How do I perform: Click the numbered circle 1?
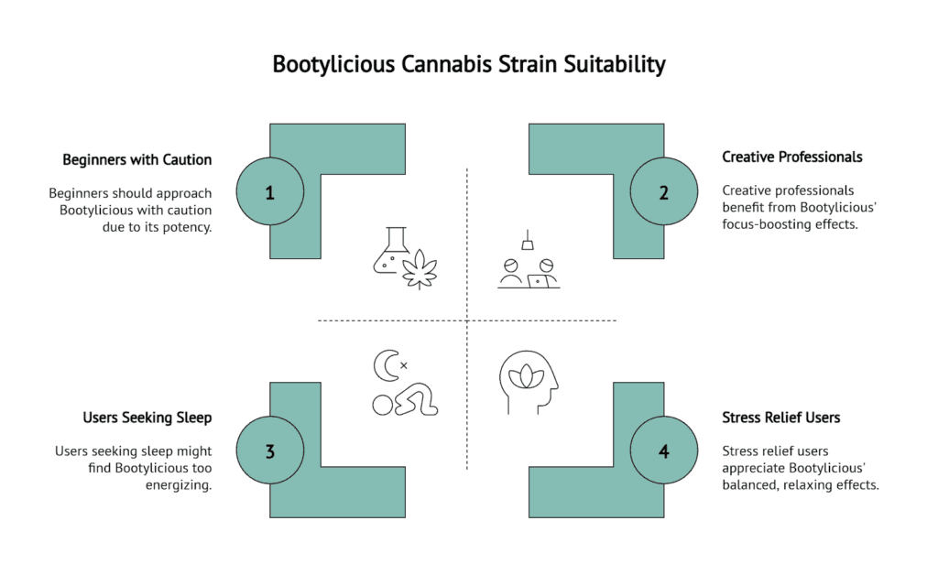click(269, 192)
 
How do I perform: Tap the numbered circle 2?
click(664, 192)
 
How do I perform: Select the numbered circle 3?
click(269, 450)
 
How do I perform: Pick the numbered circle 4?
click(664, 450)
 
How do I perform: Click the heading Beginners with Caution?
click(136, 159)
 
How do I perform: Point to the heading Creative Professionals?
click(791, 157)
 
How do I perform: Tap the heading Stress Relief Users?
click(780, 418)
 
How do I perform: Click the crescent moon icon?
click(386, 366)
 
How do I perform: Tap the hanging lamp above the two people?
click(528, 240)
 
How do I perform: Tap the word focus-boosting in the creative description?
click(764, 224)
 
